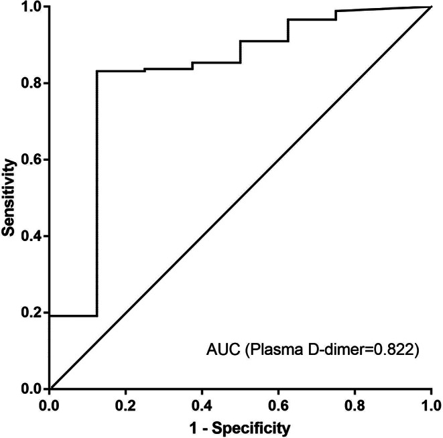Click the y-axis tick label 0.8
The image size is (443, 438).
pyautogui.click(x=31, y=83)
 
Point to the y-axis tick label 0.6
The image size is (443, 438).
pyautogui.click(x=31, y=159)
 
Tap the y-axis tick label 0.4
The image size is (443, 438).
pyautogui.click(x=31, y=236)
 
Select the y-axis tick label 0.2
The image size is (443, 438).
pyautogui.click(x=31, y=313)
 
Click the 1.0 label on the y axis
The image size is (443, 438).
pyautogui.click(x=31, y=7)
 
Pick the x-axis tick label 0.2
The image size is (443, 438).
pyautogui.click(x=125, y=406)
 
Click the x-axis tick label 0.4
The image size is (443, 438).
pyautogui.click(x=202, y=406)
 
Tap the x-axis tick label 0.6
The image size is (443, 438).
pyautogui.click(x=278, y=406)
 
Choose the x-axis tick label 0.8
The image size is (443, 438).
pyautogui.click(x=355, y=406)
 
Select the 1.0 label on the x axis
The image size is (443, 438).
pyautogui.click(x=431, y=406)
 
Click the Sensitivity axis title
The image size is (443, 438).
pyautogui.click(x=8, y=198)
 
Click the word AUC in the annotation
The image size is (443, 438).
pyautogui.click(x=223, y=350)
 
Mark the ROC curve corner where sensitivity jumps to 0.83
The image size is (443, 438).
pyautogui.click(x=97, y=71)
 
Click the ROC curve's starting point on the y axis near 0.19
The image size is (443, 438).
pyautogui.click(x=50, y=315)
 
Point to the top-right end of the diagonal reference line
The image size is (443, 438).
pyautogui.click(x=431, y=6)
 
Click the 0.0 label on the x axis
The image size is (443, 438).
pyautogui.click(x=49, y=406)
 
